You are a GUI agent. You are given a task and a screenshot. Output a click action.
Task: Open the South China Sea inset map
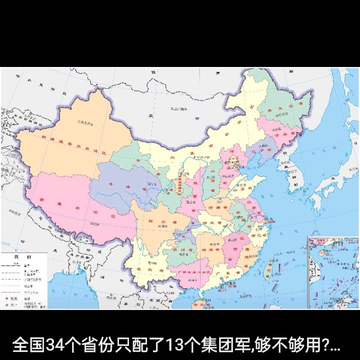(332, 273)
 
